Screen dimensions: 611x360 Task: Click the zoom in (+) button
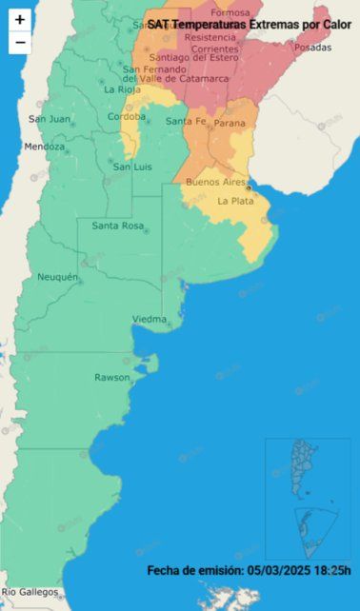20,19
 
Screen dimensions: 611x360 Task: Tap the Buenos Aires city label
215,181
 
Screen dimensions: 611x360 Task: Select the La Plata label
234,201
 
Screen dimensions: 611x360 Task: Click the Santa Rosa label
117,226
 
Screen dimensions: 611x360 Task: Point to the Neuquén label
57,276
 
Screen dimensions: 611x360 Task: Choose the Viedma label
150,318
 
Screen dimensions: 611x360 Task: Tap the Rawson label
111,378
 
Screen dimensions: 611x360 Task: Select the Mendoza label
45,147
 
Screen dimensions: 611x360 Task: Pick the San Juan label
49,119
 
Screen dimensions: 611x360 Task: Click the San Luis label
133,167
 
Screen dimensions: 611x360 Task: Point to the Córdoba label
127,116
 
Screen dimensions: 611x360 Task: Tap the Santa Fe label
185,121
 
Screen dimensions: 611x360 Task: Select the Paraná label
230,122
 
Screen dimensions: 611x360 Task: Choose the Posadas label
313,47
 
